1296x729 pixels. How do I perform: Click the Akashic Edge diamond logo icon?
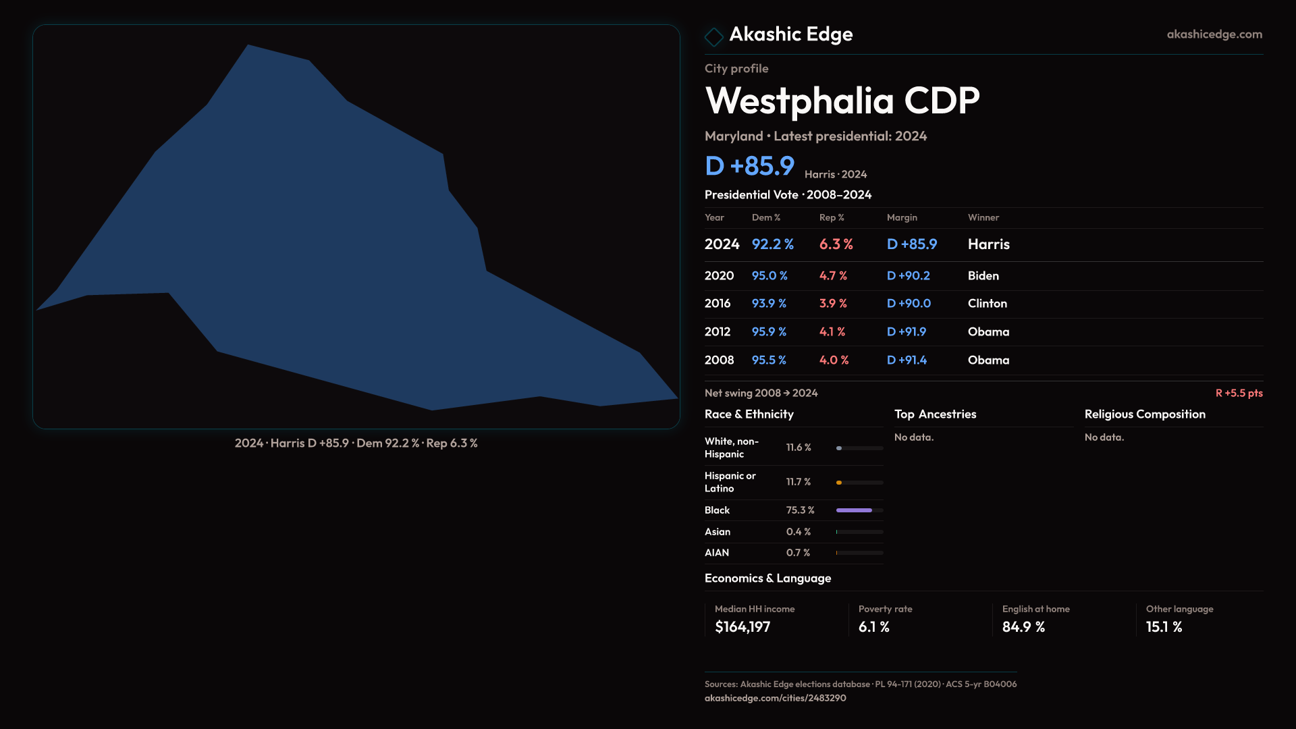pos(713,36)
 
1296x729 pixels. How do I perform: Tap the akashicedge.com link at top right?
pos(1214,34)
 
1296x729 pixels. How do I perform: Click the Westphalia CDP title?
pos(842,101)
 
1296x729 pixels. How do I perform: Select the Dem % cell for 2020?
pos(769,276)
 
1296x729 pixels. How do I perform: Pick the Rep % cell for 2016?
pos(833,304)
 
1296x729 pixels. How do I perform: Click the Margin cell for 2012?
pos(906,332)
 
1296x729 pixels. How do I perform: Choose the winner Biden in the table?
pos(983,276)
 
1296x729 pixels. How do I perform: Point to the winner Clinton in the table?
pos(987,304)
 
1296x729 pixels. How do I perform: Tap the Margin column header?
pos(902,217)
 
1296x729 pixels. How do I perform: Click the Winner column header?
pos(983,217)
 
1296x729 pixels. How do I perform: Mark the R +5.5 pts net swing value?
pos(1239,393)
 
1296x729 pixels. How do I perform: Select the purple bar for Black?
pos(854,510)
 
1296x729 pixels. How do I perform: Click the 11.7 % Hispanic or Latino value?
pos(799,482)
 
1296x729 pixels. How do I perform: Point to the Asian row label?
pos(718,532)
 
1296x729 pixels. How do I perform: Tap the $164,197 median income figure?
pos(742,627)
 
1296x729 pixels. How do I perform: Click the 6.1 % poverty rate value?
pos(873,627)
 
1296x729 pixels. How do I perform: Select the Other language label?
pos(1179,609)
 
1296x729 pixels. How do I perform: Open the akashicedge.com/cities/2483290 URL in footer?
pos(775,698)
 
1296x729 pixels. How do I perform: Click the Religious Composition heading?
pos(1145,414)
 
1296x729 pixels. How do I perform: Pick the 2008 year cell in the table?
pos(719,360)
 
